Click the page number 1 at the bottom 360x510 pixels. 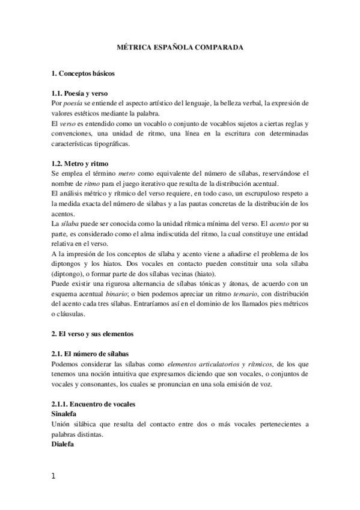click(x=54, y=477)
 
